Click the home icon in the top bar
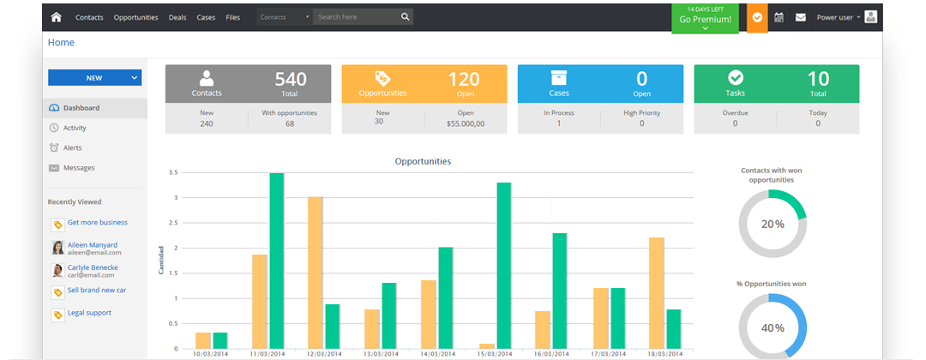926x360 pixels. tap(56, 17)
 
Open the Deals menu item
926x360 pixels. tap(177, 17)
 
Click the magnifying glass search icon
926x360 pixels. tap(405, 17)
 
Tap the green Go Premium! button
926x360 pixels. tap(705, 19)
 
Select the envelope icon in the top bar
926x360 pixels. tap(800, 17)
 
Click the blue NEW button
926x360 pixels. tap(94, 78)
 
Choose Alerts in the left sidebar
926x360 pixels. tap(73, 147)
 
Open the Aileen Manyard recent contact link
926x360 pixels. tap(92, 245)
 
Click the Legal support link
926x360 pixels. tap(89, 313)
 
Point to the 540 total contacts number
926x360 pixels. tap(291, 79)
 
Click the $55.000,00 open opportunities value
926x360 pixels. tap(466, 123)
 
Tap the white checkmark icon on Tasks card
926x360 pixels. tap(736, 77)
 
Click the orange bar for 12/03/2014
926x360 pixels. tap(316, 272)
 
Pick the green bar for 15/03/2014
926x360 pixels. tap(504, 266)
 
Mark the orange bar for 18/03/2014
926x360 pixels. tap(656, 293)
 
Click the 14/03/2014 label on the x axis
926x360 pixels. tap(437, 353)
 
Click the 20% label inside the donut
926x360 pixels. tap(773, 225)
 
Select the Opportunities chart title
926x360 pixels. tap(423, 161)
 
